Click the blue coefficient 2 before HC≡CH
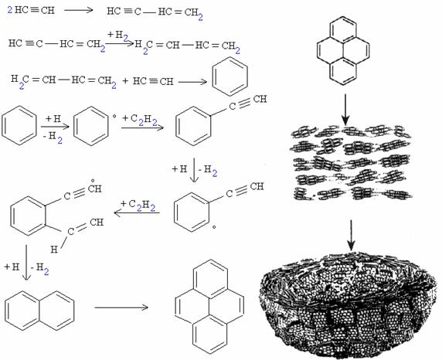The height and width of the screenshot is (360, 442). (x=10, y=11)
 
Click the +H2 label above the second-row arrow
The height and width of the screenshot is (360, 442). (x=117, y=36)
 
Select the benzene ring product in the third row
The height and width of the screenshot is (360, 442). (x=230, y=76)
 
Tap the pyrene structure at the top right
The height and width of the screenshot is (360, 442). (x=343, y=50)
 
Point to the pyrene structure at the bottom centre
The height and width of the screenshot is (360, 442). (x=209, y=306)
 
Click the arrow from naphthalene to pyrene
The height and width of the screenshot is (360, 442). (x=121, y=307)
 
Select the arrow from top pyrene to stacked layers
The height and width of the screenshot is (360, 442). (x=345, y=110)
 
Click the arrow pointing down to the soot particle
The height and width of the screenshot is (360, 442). (x=351, y=235)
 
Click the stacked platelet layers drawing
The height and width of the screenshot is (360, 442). (x=352, y=163)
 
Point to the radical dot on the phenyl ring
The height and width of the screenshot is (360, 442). (x=114, y=116)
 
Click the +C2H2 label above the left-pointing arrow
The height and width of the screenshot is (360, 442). (x=138, y=205)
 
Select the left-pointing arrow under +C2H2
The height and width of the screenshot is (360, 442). (x=137, y=213)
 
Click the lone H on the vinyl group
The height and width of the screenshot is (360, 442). (x=54, y=250)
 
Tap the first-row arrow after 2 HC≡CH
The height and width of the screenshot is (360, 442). (x=78, y=11)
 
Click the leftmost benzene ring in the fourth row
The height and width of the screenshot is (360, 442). (x=19, y=125)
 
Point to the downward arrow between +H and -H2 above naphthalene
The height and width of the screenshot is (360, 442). (x=26, y=263)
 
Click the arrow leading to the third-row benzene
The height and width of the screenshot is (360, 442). (x=193, y=82)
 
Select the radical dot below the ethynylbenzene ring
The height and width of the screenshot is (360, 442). (x=214, y=226)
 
